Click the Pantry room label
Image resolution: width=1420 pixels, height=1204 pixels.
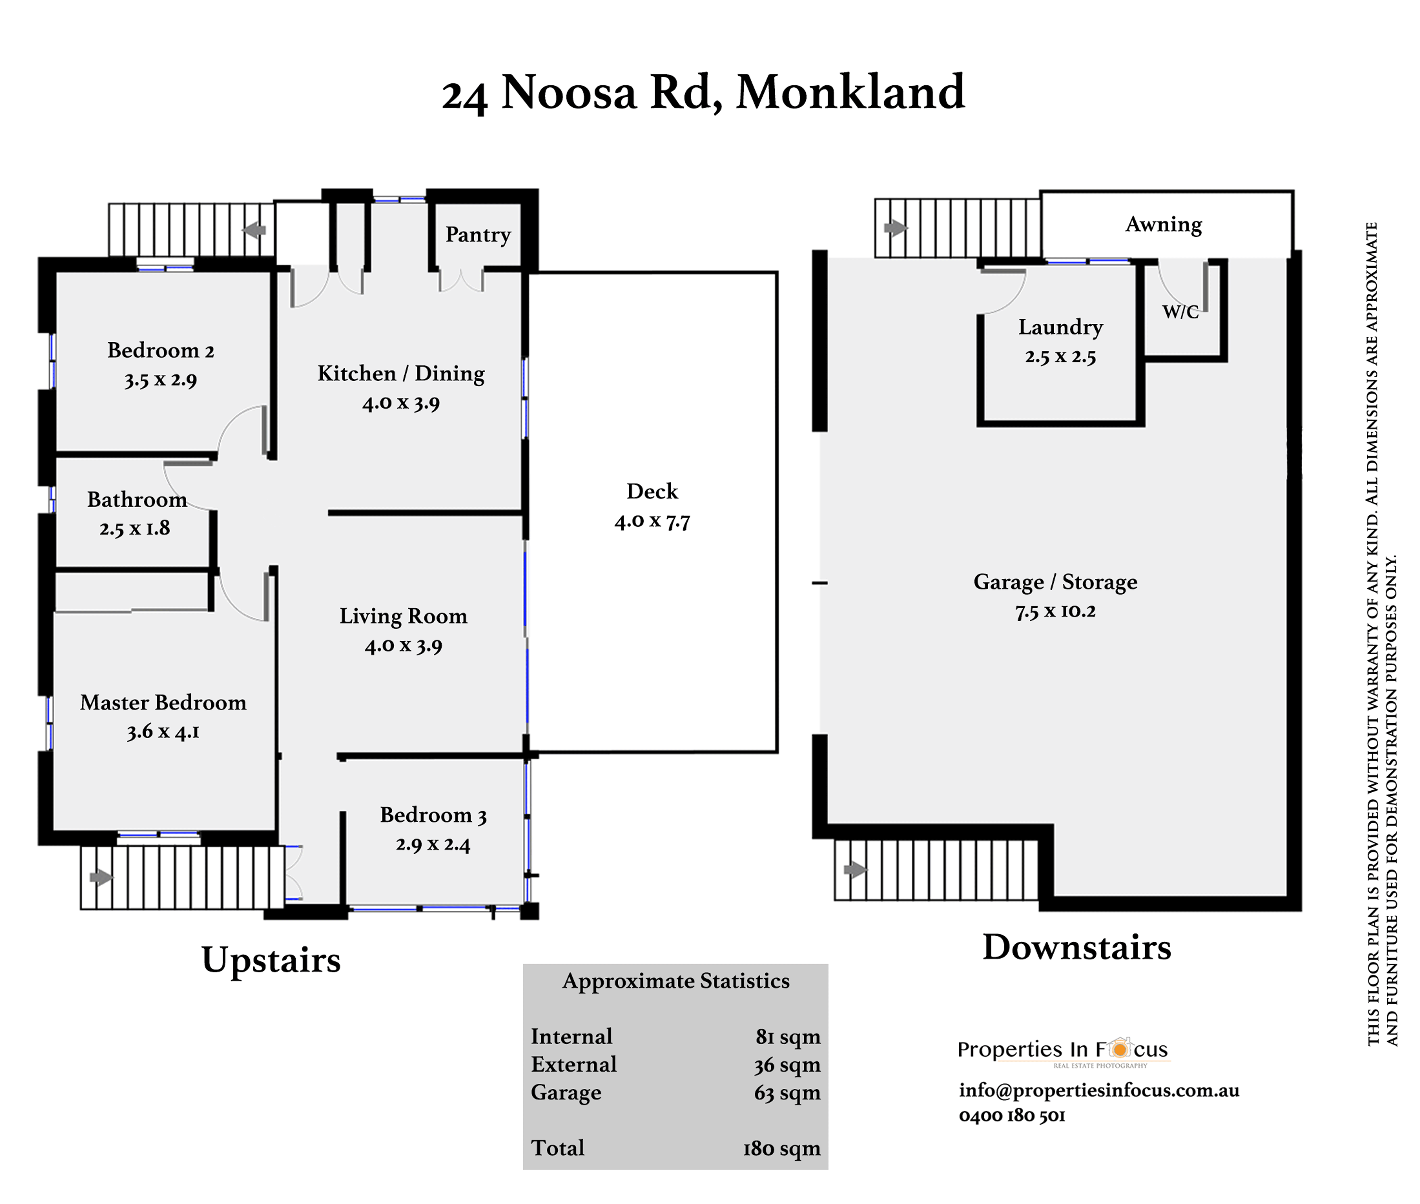pos(478,235)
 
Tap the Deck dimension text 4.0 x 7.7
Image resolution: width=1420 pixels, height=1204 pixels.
pos(652,522)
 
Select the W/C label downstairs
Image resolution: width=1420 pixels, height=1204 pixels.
pos(1180,312)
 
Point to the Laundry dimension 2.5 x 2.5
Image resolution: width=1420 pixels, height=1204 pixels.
pos(1060,356)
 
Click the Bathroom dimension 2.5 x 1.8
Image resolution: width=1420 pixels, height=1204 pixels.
pos(135,528)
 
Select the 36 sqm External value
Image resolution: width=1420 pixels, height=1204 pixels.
pos(787,1065)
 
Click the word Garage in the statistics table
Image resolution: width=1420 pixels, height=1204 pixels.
pos(566,1093)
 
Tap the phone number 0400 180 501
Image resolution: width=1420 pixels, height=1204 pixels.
pos(1012,1115)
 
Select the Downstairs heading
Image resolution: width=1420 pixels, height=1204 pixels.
pos(1077,948)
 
